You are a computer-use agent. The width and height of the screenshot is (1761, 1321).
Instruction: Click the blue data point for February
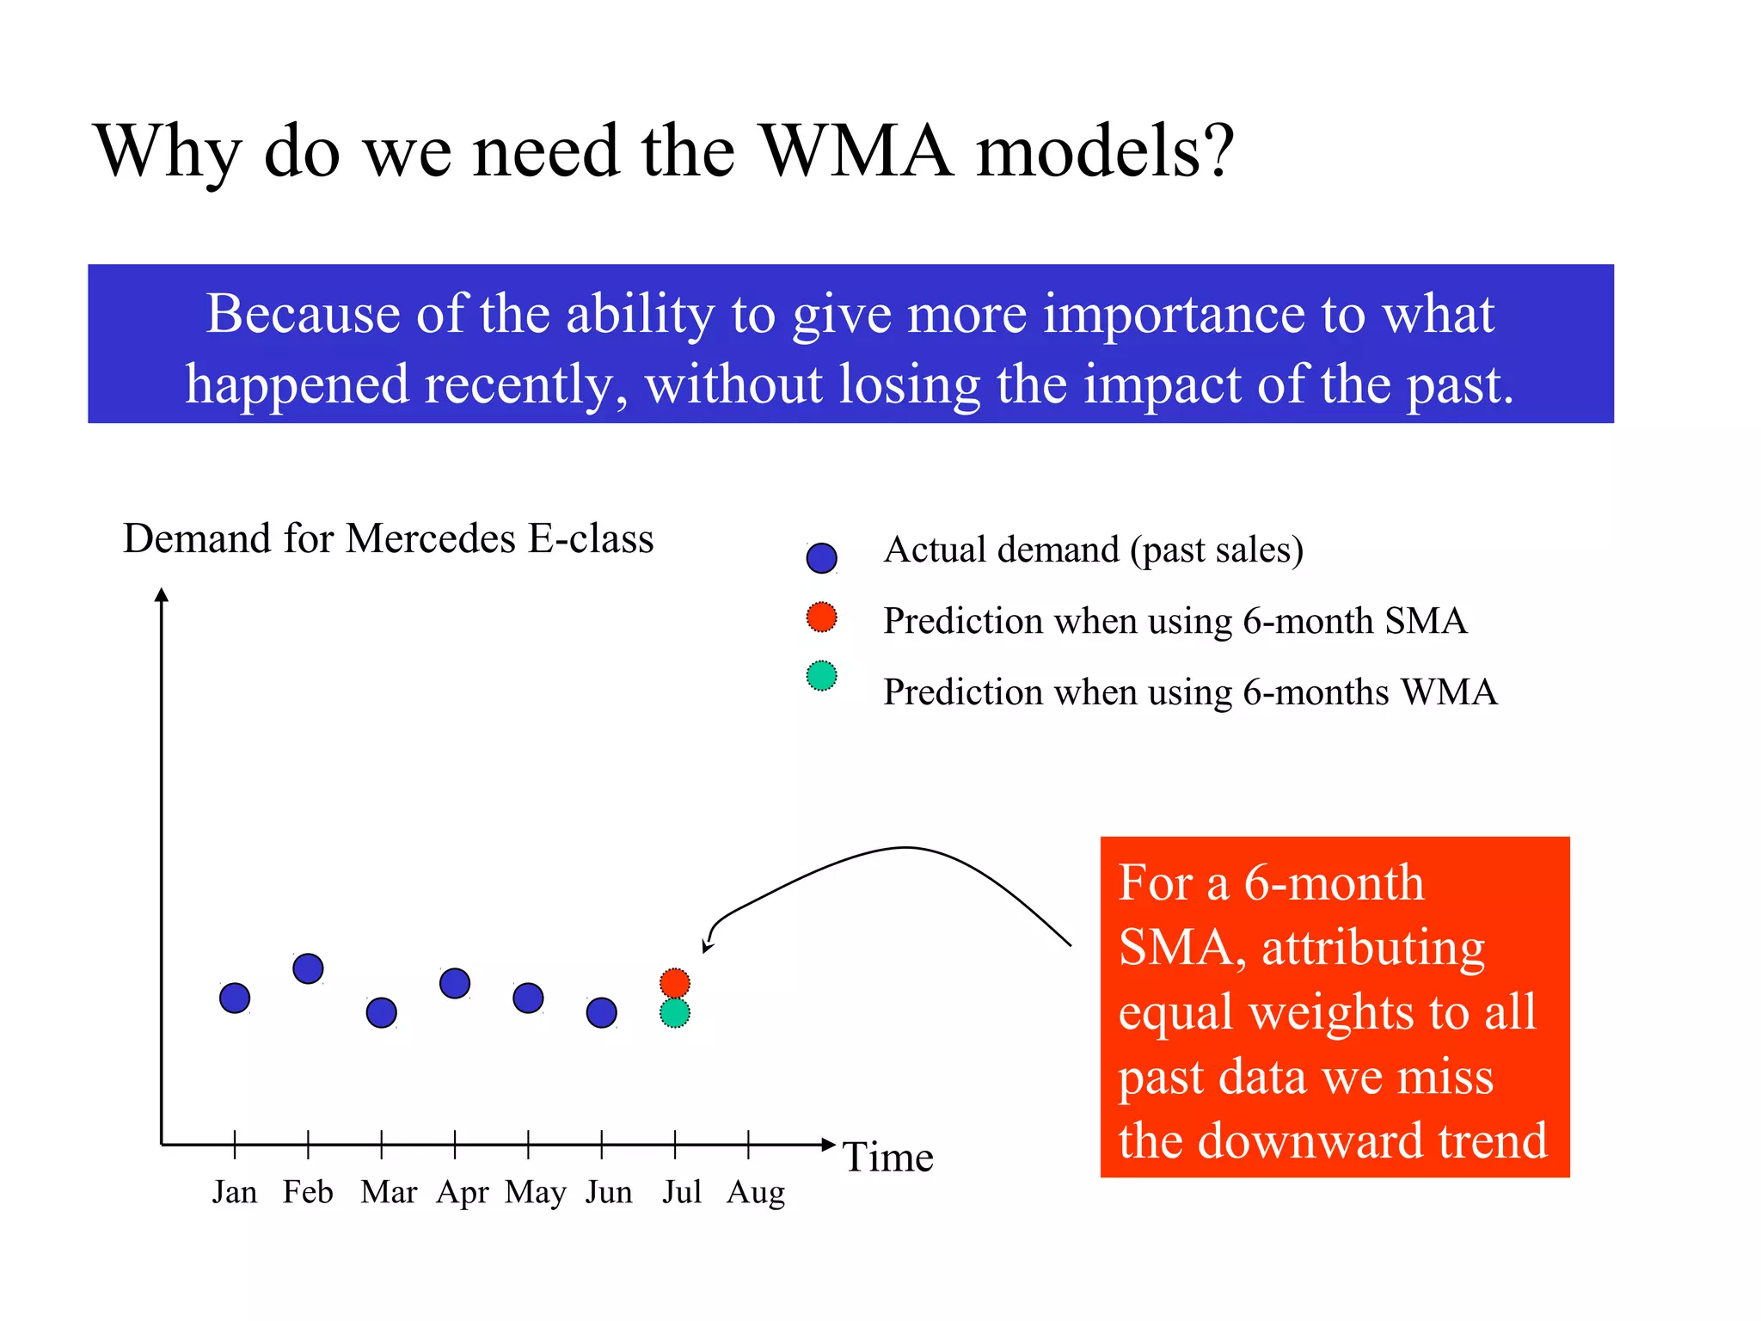pos(308,968)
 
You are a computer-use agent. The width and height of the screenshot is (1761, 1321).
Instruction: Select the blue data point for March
pos(381,1012)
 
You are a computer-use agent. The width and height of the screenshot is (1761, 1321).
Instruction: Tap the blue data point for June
pos(601,1012)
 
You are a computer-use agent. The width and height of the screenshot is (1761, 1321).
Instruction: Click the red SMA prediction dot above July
pos(675,982)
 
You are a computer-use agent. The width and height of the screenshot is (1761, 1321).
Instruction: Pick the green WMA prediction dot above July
pos(675,1013)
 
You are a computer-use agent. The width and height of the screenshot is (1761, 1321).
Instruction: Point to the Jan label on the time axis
pos(234,1192)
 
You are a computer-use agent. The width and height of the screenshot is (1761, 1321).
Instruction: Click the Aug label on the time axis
pos(756,1192)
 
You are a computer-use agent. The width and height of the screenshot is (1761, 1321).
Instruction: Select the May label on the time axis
pos(535,1193)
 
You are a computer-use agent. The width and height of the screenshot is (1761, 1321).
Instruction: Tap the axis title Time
pos(887,1157)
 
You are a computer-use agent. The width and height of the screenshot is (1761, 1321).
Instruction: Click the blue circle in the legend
pos(822,558)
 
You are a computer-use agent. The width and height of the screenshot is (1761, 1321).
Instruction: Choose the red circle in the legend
pos(822,617)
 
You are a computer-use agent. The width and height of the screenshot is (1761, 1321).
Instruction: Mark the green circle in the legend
pos(822,676)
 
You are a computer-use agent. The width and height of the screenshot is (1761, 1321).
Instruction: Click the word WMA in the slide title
pos(856,151)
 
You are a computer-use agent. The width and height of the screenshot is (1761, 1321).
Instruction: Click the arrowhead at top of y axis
pos(162,594)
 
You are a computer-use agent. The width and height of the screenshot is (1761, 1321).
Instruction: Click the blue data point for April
pos(455,982)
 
